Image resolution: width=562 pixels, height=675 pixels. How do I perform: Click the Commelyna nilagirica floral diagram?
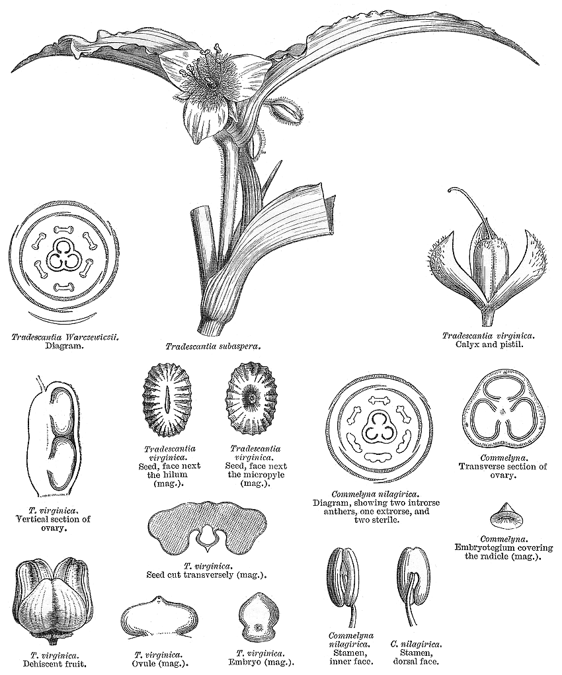[379, 430]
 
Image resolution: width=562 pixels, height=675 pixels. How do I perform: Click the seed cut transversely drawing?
[208, 530]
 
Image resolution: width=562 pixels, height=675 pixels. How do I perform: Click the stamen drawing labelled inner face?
[344, 585]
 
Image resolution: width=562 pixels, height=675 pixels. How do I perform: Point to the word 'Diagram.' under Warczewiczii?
[63, 345]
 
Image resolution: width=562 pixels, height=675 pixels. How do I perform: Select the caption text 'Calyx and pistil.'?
[489, 344]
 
